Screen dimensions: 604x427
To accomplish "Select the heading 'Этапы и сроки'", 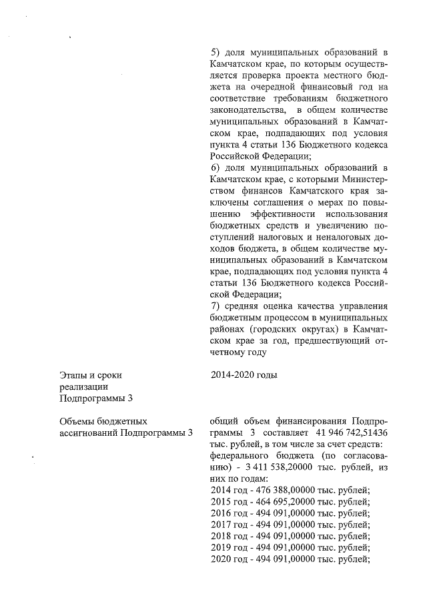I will coord(91,375).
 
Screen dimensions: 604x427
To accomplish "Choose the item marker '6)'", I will coord(215,166).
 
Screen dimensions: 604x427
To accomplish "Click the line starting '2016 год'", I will coord(290,513).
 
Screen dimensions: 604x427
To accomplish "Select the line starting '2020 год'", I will coord(290,558).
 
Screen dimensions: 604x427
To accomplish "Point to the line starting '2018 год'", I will coord(290,535).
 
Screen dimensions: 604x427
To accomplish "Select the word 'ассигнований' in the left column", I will coord(87,432).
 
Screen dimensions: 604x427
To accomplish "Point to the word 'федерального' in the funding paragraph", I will coord(240,455).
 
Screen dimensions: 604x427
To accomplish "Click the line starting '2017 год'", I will coord(290,524).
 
